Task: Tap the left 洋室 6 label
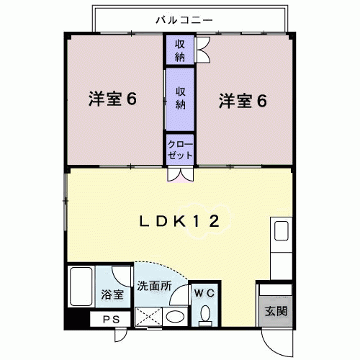pos(113,99)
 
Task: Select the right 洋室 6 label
pos(243,100)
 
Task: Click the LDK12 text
pos(179,221)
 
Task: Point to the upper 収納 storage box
pos(179,50)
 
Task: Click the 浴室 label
pos(113,294)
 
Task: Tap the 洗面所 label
pos(153,285)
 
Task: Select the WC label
pos(204,293)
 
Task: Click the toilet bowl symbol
pos(204,314)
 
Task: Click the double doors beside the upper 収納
pos(202,50)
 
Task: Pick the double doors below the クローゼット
pos(179,174)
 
